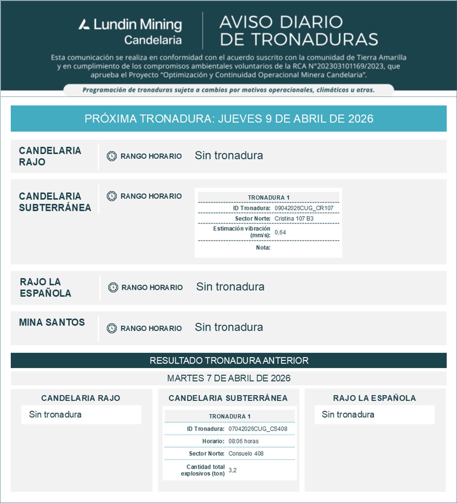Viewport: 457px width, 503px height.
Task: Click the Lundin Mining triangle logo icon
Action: [x=84, y=24]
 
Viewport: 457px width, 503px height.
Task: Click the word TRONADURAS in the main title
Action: [x=315, y=39]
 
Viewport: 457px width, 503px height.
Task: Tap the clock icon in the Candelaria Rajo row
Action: [x=112, y=156]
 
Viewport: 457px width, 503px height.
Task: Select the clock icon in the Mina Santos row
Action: [x=112, y=328]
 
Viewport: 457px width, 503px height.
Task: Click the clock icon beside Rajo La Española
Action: [x=113, y=287]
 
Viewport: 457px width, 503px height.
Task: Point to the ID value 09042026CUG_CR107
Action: [x=304, y=208]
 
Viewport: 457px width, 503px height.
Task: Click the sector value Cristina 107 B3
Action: [x=294, y=218]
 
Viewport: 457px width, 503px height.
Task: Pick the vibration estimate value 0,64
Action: [x=280, y=232]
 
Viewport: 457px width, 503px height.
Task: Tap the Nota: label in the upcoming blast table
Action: [x=263, y=247]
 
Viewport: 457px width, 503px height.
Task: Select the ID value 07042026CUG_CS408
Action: [x=258, y=429]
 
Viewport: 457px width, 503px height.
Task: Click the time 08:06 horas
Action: [x=243, y=441]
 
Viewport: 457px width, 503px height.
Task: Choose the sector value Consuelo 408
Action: [x=246, y=454]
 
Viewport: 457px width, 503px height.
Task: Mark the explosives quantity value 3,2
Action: [x=232, y=470]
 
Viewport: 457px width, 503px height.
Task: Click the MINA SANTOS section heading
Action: [x=52, y=322]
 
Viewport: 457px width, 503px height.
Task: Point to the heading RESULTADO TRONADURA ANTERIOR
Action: [x=229, y=361]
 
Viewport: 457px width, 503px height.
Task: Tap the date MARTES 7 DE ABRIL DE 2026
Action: [x=229, y=378]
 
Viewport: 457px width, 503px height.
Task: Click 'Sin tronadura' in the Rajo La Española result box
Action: [x=348, y=414]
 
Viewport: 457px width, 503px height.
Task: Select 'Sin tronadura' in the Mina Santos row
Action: [x=229, y=327]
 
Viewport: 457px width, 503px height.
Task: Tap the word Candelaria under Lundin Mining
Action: [x=153, y=40]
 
